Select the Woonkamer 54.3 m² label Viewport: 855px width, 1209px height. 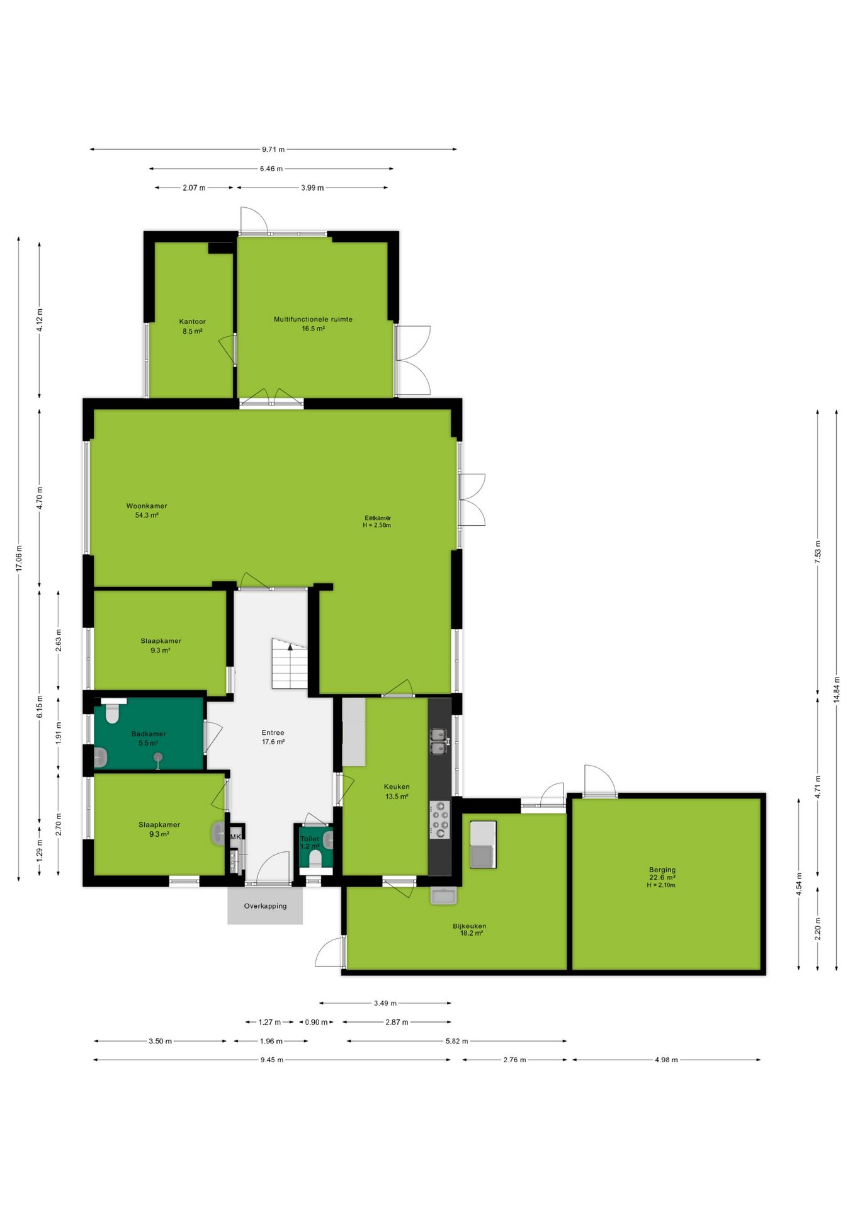pyautogui.click(x=147, y=511)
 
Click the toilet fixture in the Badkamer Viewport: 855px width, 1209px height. pyautogui.click(x=113, y=712)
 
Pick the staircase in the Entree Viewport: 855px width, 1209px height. pyautogui.click(x=290, y=663)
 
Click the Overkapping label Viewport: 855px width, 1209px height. pyautogui.click(x=265, y=906)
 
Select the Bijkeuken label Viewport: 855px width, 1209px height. pyautogui.click(x=470, y=926)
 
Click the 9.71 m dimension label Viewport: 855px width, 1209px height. pyautogui.click(x=273, y=150)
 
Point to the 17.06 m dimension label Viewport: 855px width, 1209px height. pyautogui.click(x=19, y=559)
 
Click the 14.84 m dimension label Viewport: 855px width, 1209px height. pyautogui.click(x=837, y=689)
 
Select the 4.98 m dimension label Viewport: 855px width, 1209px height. pyautogui.click(x=666, y=1060)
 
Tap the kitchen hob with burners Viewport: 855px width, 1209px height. pyautogui.click(x=440, y=819)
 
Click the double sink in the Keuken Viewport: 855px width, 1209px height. pyautogui.click(x=439, y=741)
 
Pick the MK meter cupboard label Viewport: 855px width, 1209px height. pyautogui.click(x=235, y=837)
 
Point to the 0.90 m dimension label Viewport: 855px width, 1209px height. pyautogui.click(x=316, y=1022)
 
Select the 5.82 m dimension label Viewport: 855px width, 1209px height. pyautogui.click(x=457, y=1041)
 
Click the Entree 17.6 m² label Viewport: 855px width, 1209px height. pyautogui.click(x=273, y=737)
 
